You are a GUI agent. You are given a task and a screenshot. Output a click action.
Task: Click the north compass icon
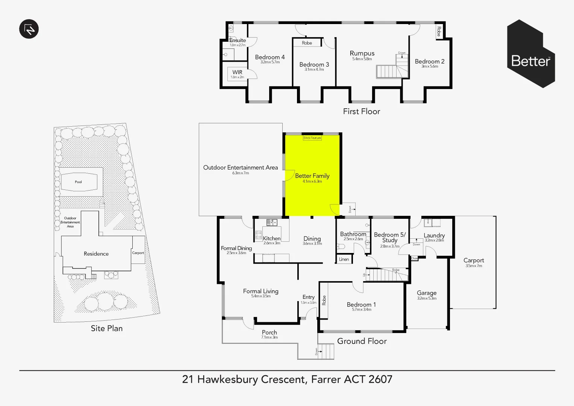pyautogui.click(x=29, y=29)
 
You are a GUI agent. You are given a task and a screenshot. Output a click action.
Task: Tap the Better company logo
pyautogui.click(x=531, y=54)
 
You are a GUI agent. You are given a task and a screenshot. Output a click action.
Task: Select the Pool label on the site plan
pyautogui.click(x=78, y=182)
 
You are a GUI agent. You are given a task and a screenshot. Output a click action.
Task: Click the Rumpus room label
pyautogui.click(x=362, y=53)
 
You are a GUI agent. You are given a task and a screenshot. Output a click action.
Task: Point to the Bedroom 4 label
pyautogui.click(x=270, y=57)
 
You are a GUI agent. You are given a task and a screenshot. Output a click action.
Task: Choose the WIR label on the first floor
pyautogui.click(x=237, y=72)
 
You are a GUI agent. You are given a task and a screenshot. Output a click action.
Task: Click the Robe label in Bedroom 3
pyautogui.click(x=307, y=43)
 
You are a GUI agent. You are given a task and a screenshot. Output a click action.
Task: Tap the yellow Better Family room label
pyautogui.click(x=312, y=176)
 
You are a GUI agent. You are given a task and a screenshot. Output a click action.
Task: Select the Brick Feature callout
pyautogui.click(x=312, y=138)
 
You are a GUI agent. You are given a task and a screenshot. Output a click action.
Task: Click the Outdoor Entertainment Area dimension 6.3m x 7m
pyautogui.click(x=241, y=173)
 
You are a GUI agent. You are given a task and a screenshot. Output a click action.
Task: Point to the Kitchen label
pyautogui.click(x=271, y=238)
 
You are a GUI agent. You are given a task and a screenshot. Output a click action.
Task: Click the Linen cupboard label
pyautogui.click(x=344, y=259)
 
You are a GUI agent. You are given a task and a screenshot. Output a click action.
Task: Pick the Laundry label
pyautogui.click(x=434, y=235)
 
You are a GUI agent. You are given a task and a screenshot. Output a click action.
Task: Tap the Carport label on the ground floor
pyautogui.click(x=474, y=260)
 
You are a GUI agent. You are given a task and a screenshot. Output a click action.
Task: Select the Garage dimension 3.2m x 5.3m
pyautogui.click(x=427, y=298)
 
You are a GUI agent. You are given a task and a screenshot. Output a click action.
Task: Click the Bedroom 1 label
pyautogui.click(x=361, y=304)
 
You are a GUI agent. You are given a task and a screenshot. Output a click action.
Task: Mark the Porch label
pyautogui.click(x=269, y=332)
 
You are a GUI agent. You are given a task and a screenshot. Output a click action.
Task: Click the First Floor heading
pyautogui.click(x=361, y=111)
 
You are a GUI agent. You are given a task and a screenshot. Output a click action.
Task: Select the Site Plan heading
pyautogui.click(x=106, y=328)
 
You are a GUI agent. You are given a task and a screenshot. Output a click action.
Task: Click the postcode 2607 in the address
pyautogui.click(x=380, y=379)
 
